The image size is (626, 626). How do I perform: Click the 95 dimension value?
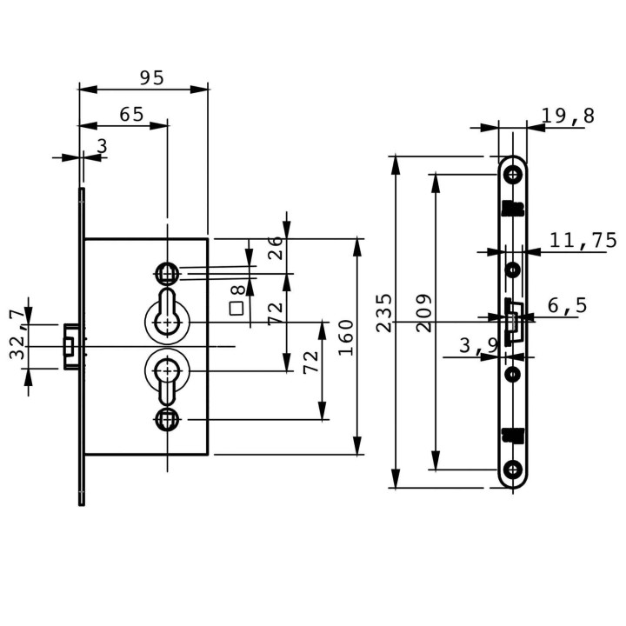pos(151,77)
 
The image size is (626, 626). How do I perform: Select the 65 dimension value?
pos(131,115)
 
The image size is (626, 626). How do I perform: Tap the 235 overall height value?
pos(383,313)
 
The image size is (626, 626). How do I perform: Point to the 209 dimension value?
pos(423,313)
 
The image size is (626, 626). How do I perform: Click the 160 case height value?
pos(346,337)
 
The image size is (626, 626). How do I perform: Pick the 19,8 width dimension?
pos(568,116)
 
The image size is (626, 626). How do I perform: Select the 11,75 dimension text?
pos(583,240)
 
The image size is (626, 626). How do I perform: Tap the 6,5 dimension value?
pos(567,305)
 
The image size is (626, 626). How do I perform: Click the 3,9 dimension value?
pos(479,345)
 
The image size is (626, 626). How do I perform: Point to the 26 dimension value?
pos(275,248)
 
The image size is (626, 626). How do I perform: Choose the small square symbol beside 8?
pos(236,309)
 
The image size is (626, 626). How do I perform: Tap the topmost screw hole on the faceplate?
pos(513,175)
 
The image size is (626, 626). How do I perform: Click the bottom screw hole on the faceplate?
pos(513,469)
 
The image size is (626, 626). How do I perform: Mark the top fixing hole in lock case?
pos(167,274)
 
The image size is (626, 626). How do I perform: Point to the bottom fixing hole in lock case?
pos(167,419)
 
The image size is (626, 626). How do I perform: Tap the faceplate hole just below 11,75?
pos(513,270)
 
